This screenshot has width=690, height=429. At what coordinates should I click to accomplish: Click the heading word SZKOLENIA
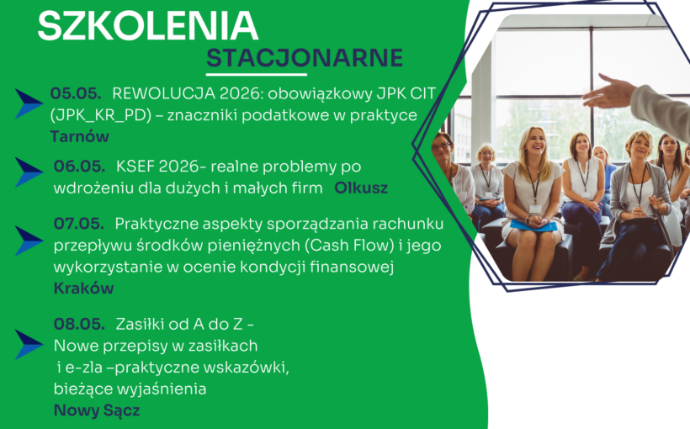pos(147,25)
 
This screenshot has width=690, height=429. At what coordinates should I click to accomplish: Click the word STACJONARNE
pos(305,58)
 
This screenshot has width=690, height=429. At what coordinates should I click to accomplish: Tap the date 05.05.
pos(76,93)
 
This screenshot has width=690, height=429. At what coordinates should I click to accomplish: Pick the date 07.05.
pos(78,224)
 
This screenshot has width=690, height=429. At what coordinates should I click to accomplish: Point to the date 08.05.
pos(78,324)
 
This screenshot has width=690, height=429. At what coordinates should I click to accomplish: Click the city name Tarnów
pos(80,136)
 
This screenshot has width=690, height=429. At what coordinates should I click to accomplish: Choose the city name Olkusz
pos(361,188)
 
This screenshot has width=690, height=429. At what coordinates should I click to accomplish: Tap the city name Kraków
pos(83,289)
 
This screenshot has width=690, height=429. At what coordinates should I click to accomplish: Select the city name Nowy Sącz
pos(97,410)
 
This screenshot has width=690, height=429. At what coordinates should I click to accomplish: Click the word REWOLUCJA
pos(159,93)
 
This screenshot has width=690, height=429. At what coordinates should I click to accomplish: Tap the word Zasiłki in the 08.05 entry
pos(141,324)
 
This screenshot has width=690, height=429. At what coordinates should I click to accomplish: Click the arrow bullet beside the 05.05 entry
pos(29,103)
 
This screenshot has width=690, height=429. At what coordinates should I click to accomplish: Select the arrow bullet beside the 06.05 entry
pos(29,172)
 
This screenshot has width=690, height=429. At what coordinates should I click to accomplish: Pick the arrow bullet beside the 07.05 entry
pos(29,241)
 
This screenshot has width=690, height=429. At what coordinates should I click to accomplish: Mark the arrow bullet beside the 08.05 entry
pos(29,344)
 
